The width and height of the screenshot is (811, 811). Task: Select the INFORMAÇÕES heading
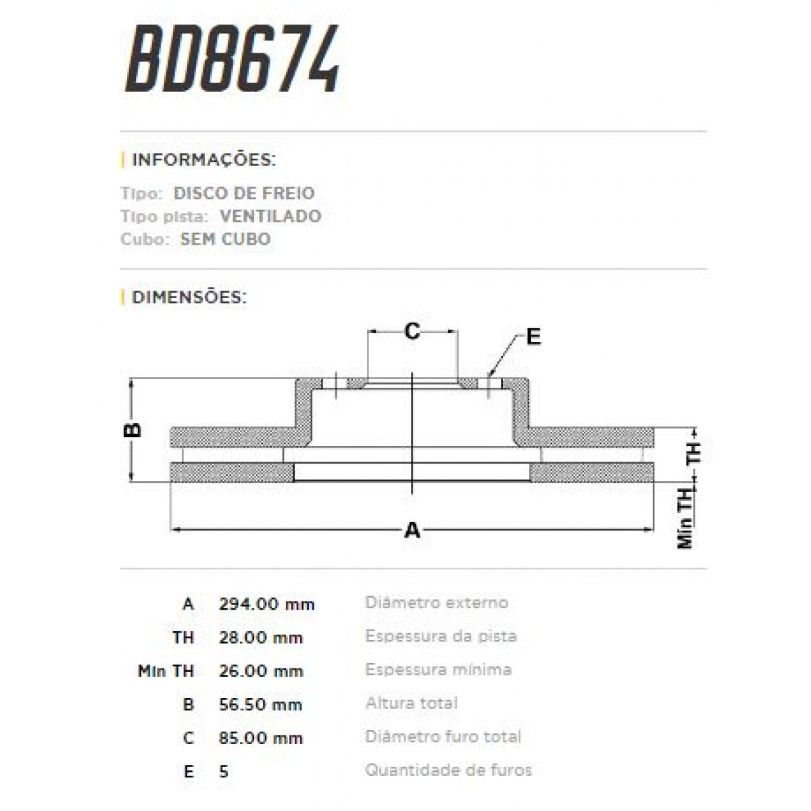[x=203, y=160]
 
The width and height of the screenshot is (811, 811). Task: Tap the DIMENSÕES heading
[x=189, y=297]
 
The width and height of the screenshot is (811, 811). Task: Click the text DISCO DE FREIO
[x=244, y=193]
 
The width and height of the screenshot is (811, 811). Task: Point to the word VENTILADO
[x=270, y=216]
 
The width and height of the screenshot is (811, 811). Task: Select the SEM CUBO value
[x=225, y=239]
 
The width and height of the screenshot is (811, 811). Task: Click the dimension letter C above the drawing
[x=412, y=331]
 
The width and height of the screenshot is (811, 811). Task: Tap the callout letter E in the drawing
[x=533, y=337]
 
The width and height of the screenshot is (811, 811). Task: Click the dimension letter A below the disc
[x=412, y=530]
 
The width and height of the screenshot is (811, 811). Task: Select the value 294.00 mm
[x=266, y=604]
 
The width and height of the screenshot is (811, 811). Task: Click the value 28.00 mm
[x=260, y=638]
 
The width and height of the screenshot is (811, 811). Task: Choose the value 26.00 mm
[x=260, y=671]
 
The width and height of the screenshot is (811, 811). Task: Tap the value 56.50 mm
[x=260, y=705]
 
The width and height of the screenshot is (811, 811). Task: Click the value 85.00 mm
[x=260, y=738]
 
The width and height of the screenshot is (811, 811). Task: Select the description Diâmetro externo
[x=437, y=602]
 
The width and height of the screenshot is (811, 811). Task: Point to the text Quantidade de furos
[x=448, y=770]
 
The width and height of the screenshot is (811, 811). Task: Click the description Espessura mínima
[x=438, y=670]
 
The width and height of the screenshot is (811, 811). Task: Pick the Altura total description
[x=411, y=703]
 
